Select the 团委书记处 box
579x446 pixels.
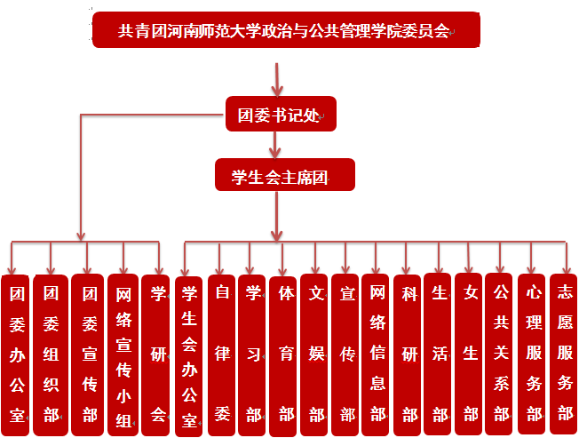(280, 115)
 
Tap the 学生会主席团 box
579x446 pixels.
(285, 175)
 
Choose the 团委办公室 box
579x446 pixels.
(17, 354)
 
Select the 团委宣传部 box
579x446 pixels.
(88, 354)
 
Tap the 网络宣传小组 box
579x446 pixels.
(123, 354)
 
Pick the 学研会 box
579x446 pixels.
(158, 354)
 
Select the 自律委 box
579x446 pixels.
(222, 353)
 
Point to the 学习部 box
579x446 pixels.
(253, 353)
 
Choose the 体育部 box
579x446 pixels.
(285, 353)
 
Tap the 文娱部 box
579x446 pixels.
(316, 353)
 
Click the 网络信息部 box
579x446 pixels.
(377, 353)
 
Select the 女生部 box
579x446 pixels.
(470, 353)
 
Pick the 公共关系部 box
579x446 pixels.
(502, 353)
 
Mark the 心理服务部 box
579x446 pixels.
(534, 353)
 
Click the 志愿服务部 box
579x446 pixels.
(564, 353)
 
